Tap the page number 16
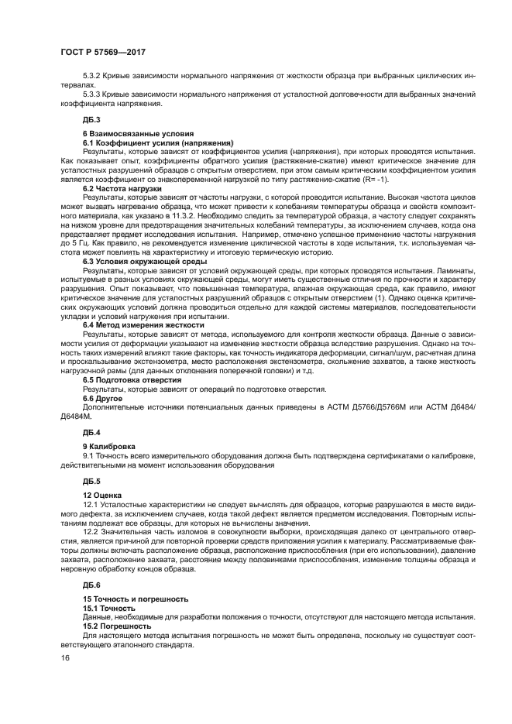[x=65, y=658]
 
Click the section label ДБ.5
[x=91, y=481]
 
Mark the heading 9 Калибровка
[x=109, y=446]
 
